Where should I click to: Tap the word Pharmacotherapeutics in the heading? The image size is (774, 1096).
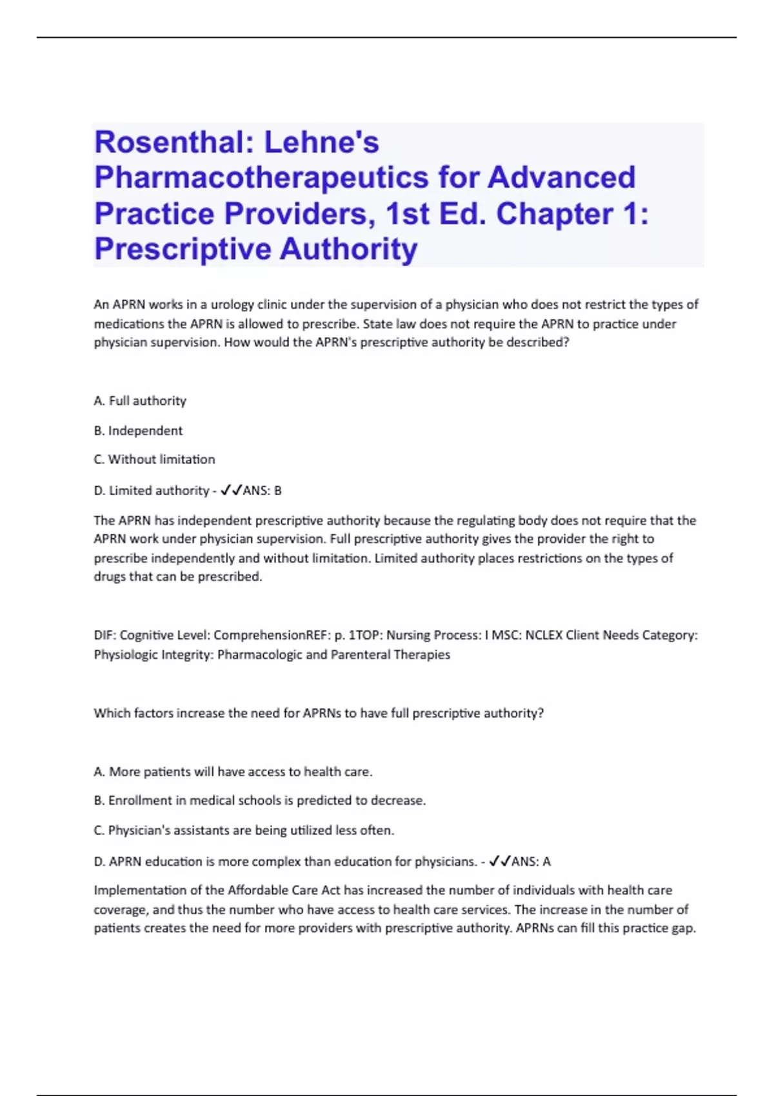click(261, 178)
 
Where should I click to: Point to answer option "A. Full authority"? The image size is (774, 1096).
click(140, 401)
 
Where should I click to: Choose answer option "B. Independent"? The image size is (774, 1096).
click(138, 431)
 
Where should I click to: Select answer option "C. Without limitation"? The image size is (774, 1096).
click(154, 460)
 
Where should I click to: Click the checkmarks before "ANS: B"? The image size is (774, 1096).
click(230, 491)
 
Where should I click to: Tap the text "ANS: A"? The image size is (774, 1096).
click(531, 861)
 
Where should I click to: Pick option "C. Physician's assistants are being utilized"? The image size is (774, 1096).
click(244, 830)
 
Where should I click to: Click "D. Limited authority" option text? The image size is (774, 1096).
click(152, 491)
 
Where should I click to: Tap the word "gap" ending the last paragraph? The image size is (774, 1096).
click(683, 929)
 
